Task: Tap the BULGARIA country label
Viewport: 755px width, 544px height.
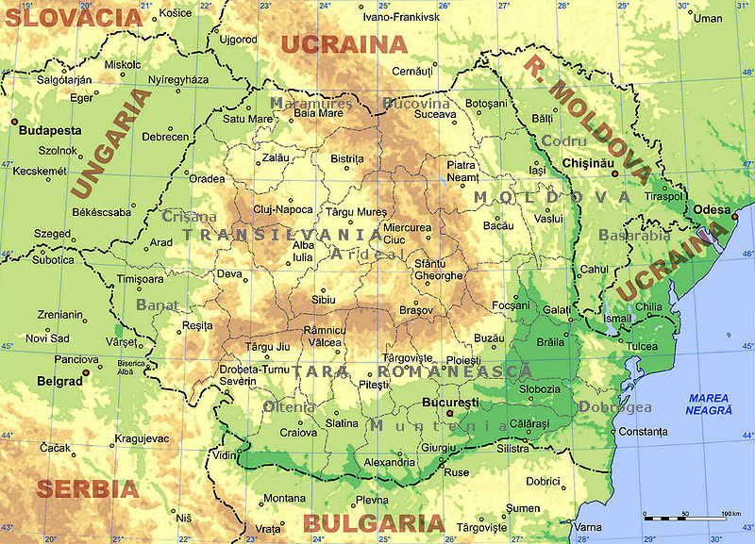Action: [373, 524]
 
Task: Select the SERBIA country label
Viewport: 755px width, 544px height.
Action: [88, 489]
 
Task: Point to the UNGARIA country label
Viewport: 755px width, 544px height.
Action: [109, 143]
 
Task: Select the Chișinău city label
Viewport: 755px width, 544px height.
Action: [587, 163]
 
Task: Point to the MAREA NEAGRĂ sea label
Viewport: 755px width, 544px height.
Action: [710, 404]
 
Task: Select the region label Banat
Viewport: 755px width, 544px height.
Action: [158, 305]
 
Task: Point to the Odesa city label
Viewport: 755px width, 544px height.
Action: [713, 208]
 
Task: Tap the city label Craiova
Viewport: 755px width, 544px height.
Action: [297, 432]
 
